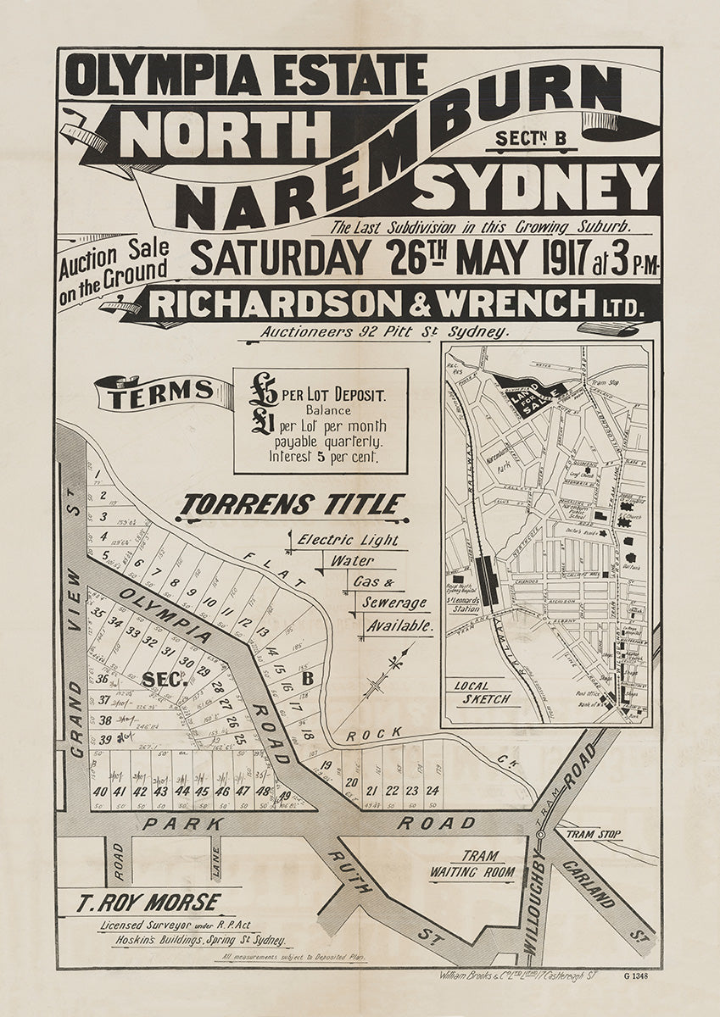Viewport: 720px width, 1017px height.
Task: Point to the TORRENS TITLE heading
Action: pos(291,506)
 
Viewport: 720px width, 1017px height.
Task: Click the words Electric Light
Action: pos(348,539)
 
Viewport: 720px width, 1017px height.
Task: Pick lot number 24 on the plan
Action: pos(433,790)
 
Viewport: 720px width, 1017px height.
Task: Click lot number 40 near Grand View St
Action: pos(100,792)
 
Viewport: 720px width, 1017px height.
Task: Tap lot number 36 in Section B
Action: pos(103,678)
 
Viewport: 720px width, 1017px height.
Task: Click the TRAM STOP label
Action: pos(594,835)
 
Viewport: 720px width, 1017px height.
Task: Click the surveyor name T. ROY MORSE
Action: pos(148,903)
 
